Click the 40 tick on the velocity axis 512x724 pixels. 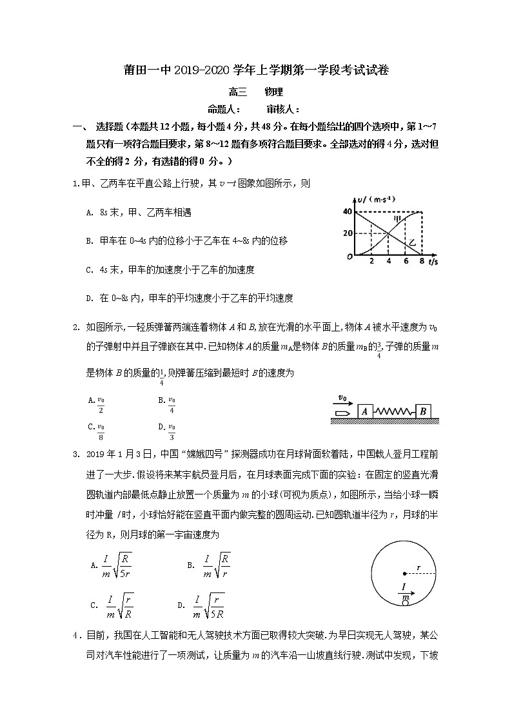coord(347,211)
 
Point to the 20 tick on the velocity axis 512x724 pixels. coord(347,233)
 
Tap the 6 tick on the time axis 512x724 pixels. coord(406,261)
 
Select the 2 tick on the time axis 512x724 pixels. coord(371,261)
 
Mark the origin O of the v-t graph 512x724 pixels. coord(348,257)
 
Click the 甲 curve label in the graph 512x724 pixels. coord(399,219)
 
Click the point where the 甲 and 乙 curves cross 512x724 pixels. coord(389,233)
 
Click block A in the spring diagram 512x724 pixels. coord(364,411)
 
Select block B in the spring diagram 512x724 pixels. coord(423,411)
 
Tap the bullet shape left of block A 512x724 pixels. coord(342,411)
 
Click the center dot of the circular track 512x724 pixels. coord(404,572)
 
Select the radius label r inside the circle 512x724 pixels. coord(418,567)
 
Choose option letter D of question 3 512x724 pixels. coord(181,605)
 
